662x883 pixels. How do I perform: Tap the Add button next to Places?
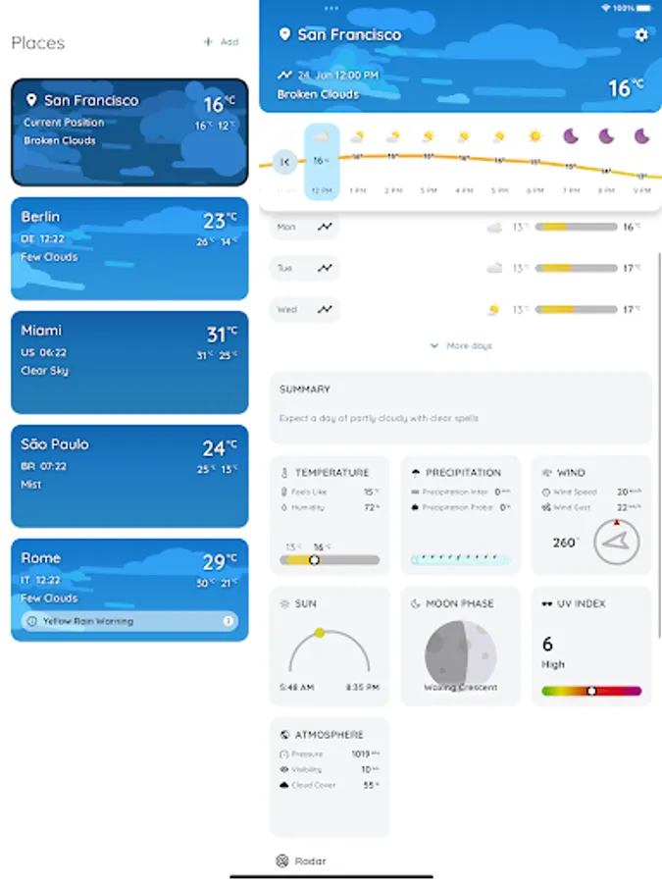(x=221, y=42)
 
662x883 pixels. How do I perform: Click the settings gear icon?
(x=641, y=35)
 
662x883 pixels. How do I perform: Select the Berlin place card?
(x=129, y=248)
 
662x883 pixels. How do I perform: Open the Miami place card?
(x=129, y=362)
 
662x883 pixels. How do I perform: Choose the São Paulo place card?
(x=129, y=476)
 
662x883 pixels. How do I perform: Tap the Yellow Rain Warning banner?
(x=129, y=621)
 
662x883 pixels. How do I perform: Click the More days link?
(x=461, y=345)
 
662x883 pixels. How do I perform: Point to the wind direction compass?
(x=616, y=542)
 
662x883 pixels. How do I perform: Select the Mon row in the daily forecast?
(x=305, y=227)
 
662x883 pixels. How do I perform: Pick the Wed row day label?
(x=286, y=309)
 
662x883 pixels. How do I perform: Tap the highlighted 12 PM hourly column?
(x=322, y=162)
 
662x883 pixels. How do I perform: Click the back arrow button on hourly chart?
(x=284, y=162)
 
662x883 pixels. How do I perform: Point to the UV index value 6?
(x=547, y=644)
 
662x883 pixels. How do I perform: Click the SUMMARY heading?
(x=305, y=390)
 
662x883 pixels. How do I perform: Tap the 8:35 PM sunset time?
(x=363, y=688)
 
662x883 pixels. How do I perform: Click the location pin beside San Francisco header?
(x=284, y=35)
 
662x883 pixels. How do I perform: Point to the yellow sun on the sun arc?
(x=320, y=633)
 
